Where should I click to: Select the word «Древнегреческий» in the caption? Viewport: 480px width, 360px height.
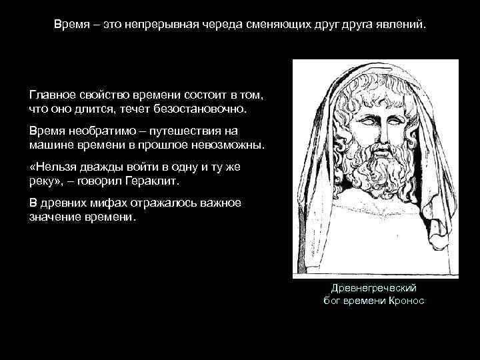click(373, 287)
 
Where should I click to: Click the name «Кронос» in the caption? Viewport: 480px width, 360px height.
click(403, 300)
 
